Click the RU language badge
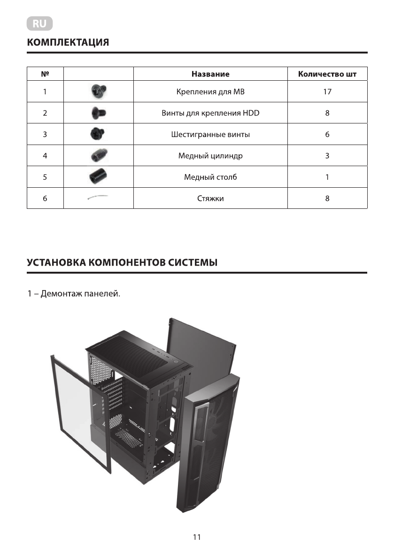(x=40, y=23)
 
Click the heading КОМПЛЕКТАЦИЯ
(x=68, y=43)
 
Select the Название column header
(x=210, y=74)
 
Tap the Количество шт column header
(x=327, y=74)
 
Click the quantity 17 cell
(x=327, y=92)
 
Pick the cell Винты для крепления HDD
(x=210, y=113)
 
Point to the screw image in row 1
(x=98, y=91)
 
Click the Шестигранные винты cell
(x=210, y=135)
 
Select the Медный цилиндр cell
(x=210, y=156)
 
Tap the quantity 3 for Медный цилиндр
(x=327, y=156)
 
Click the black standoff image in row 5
(x=98, y=177)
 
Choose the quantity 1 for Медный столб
(x=327, y=177)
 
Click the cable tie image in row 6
(x=98, y=199)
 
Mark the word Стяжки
(x=210, y=199)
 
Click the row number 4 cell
(x=45, y=156)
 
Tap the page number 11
(x=197, y=537)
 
